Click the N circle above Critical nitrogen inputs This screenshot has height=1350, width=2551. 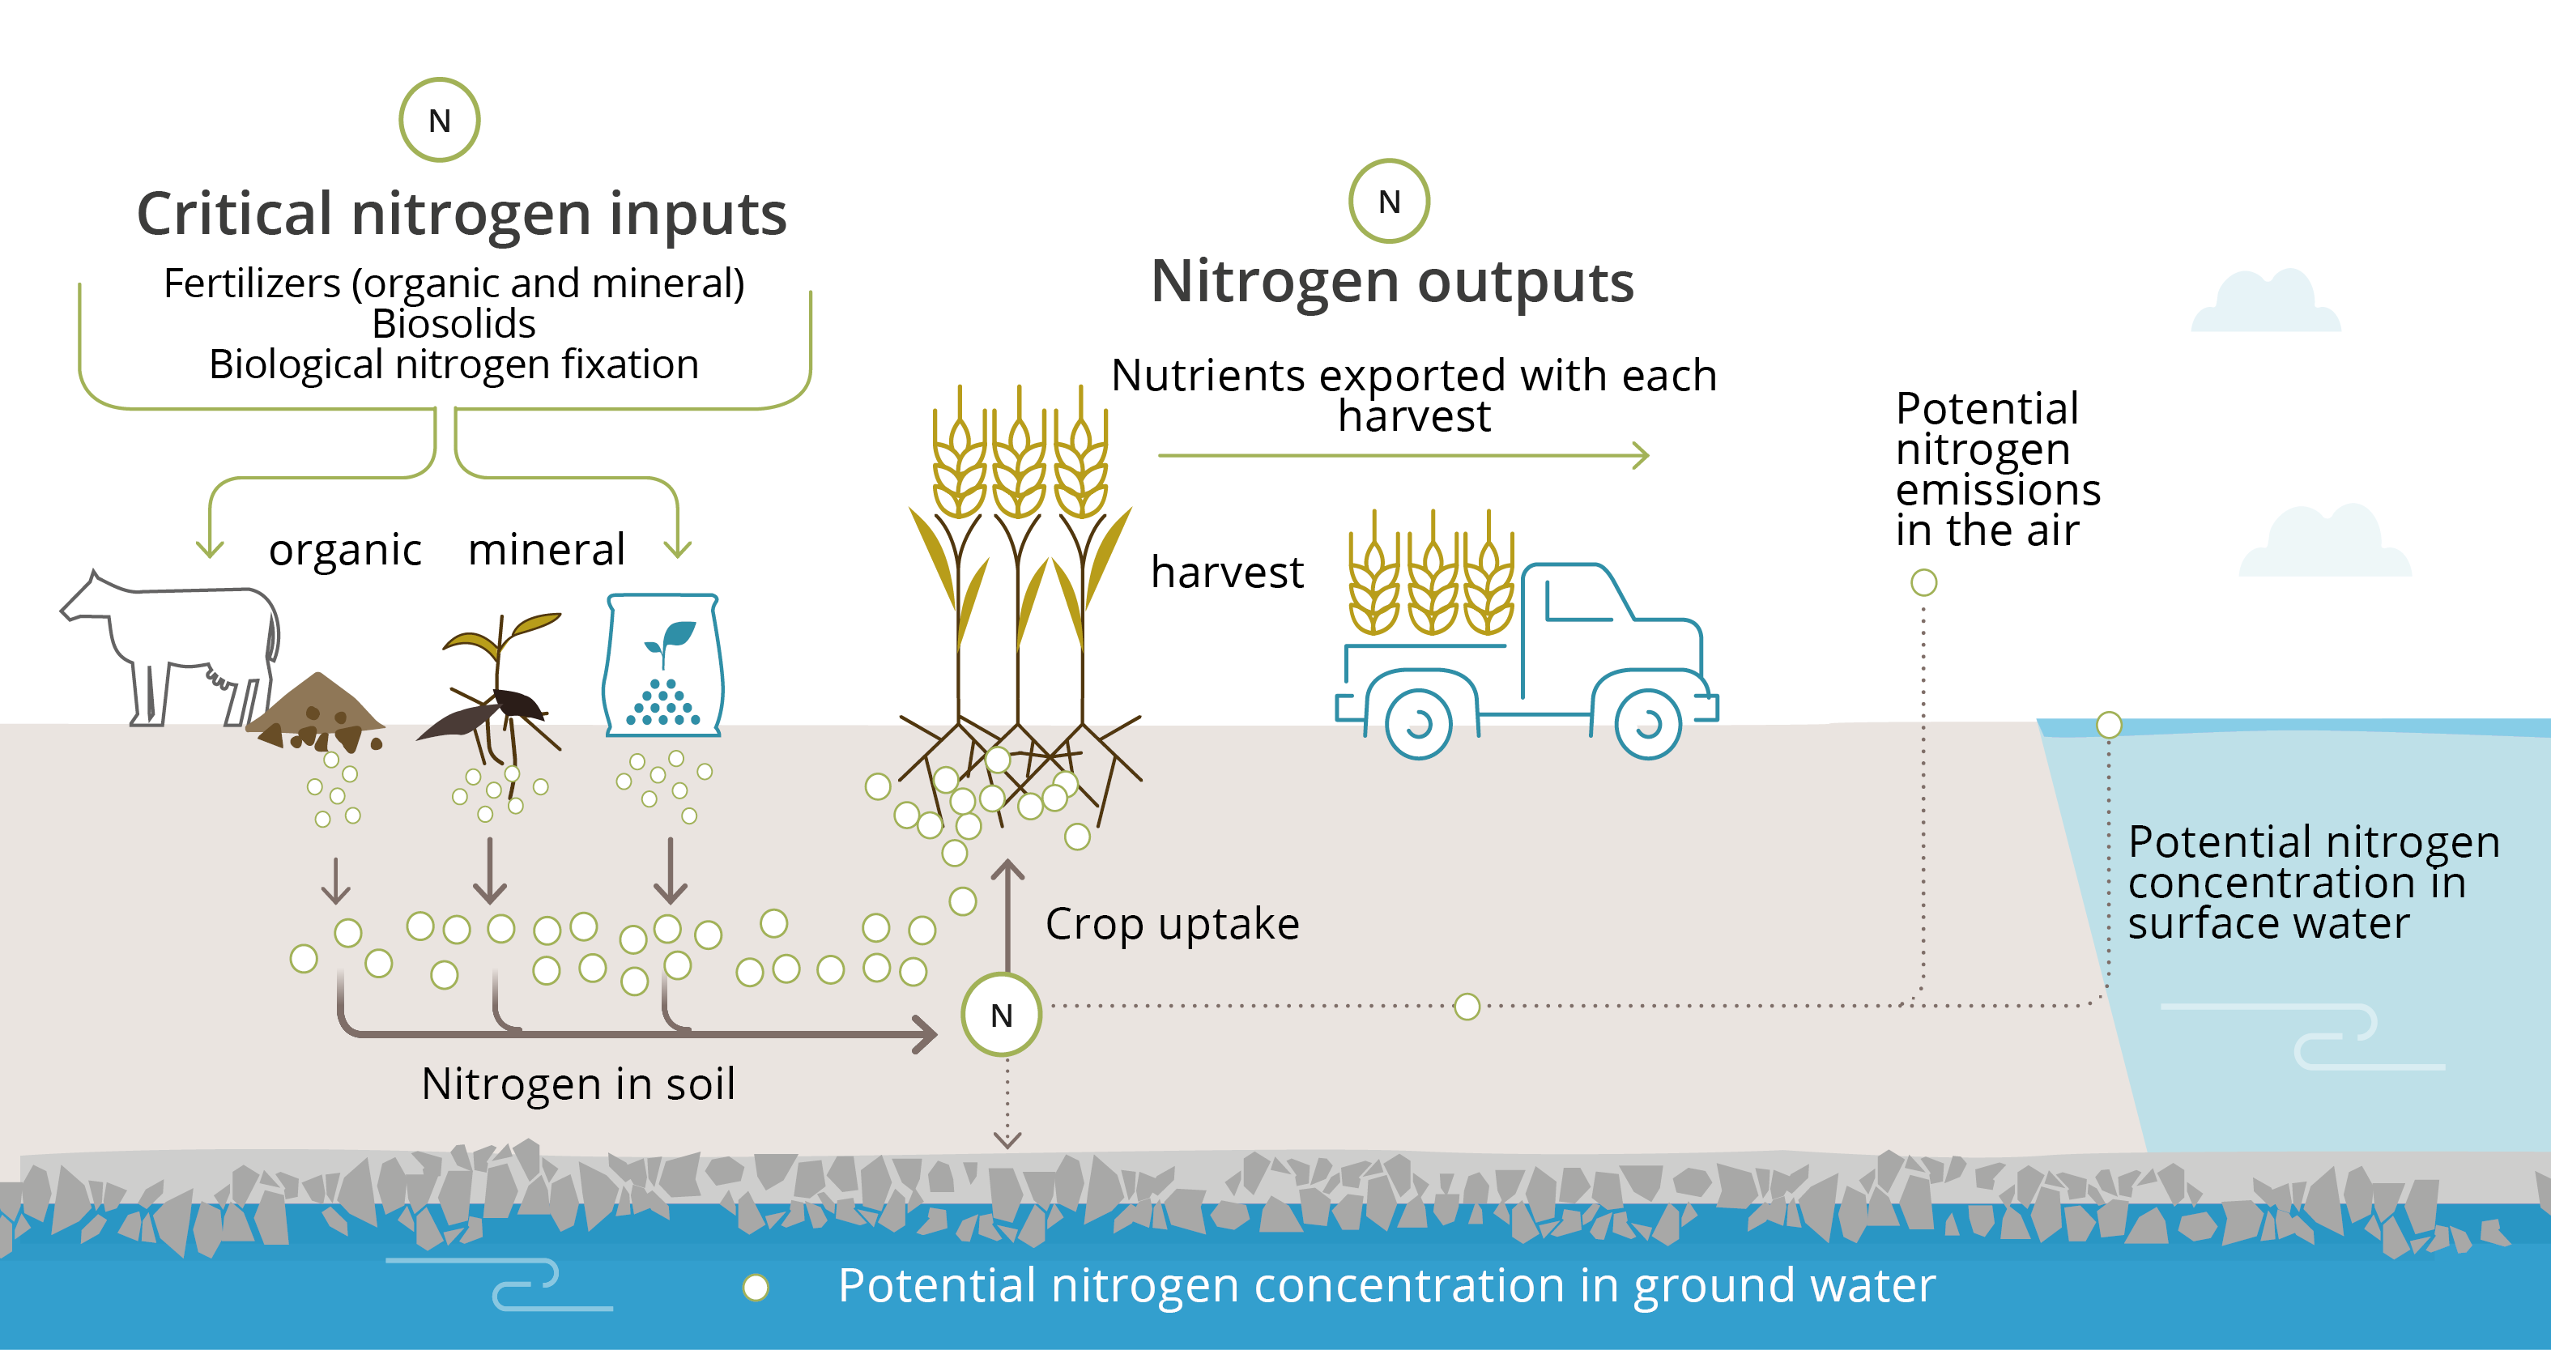point(440,120)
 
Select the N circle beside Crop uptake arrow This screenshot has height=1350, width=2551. point(1001,1014)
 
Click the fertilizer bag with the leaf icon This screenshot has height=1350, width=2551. point(663,666)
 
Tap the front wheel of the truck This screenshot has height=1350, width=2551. point(1647,724)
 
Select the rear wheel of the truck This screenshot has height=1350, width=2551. point(1418,724)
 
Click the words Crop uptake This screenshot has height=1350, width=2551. point(1172,924)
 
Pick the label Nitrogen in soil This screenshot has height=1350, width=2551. point(578,1084)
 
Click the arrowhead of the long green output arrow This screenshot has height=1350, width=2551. point(1641,456)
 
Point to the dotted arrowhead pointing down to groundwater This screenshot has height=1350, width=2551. point(1007,1140)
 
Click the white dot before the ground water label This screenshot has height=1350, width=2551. point(756,1287)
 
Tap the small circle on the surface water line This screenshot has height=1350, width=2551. point(2110,725)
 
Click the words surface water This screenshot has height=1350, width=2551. point(2268,924)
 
